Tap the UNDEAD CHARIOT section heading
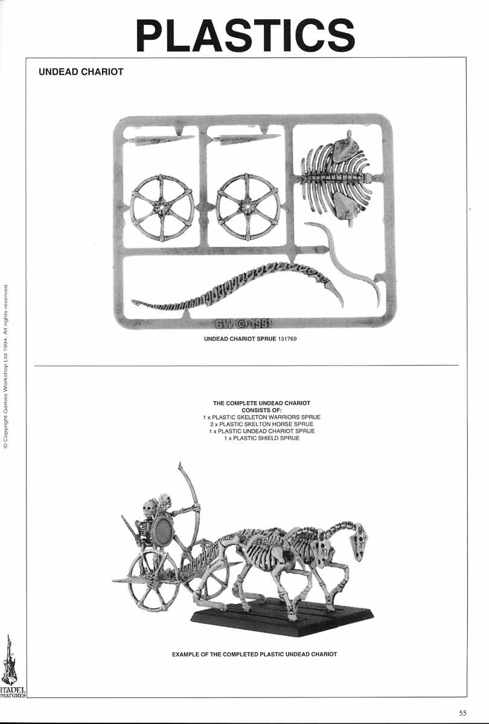tap(81, 72)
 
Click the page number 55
tap(462, 713)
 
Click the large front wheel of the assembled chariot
tap(154, 580)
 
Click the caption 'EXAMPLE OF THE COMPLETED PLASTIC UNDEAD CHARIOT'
tap(254, 654)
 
